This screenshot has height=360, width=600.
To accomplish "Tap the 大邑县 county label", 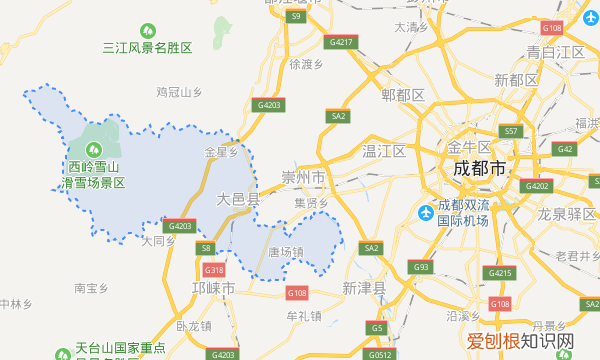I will pos(238,200).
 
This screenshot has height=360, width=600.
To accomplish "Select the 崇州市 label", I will pos(304,176).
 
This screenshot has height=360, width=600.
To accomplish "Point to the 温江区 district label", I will pos(384,151).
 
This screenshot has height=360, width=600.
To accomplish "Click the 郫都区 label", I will pos(404,95).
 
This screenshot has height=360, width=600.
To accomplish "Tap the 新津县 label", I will pos(363,287).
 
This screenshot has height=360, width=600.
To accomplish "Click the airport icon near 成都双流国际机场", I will pos(427,213).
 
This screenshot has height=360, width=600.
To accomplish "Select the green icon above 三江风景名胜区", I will pos(147,32).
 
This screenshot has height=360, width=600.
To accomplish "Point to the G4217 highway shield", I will pos(341,42).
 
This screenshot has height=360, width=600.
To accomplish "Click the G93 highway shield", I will pos(421,267).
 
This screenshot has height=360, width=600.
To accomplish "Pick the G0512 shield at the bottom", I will pos(379,353).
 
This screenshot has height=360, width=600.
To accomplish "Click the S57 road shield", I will pos(510,131).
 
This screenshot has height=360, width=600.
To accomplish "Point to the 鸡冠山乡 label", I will pos(180,91).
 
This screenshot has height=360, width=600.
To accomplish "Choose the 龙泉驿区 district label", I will pos(567,213).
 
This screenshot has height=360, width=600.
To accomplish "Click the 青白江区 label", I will pos(556,51).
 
